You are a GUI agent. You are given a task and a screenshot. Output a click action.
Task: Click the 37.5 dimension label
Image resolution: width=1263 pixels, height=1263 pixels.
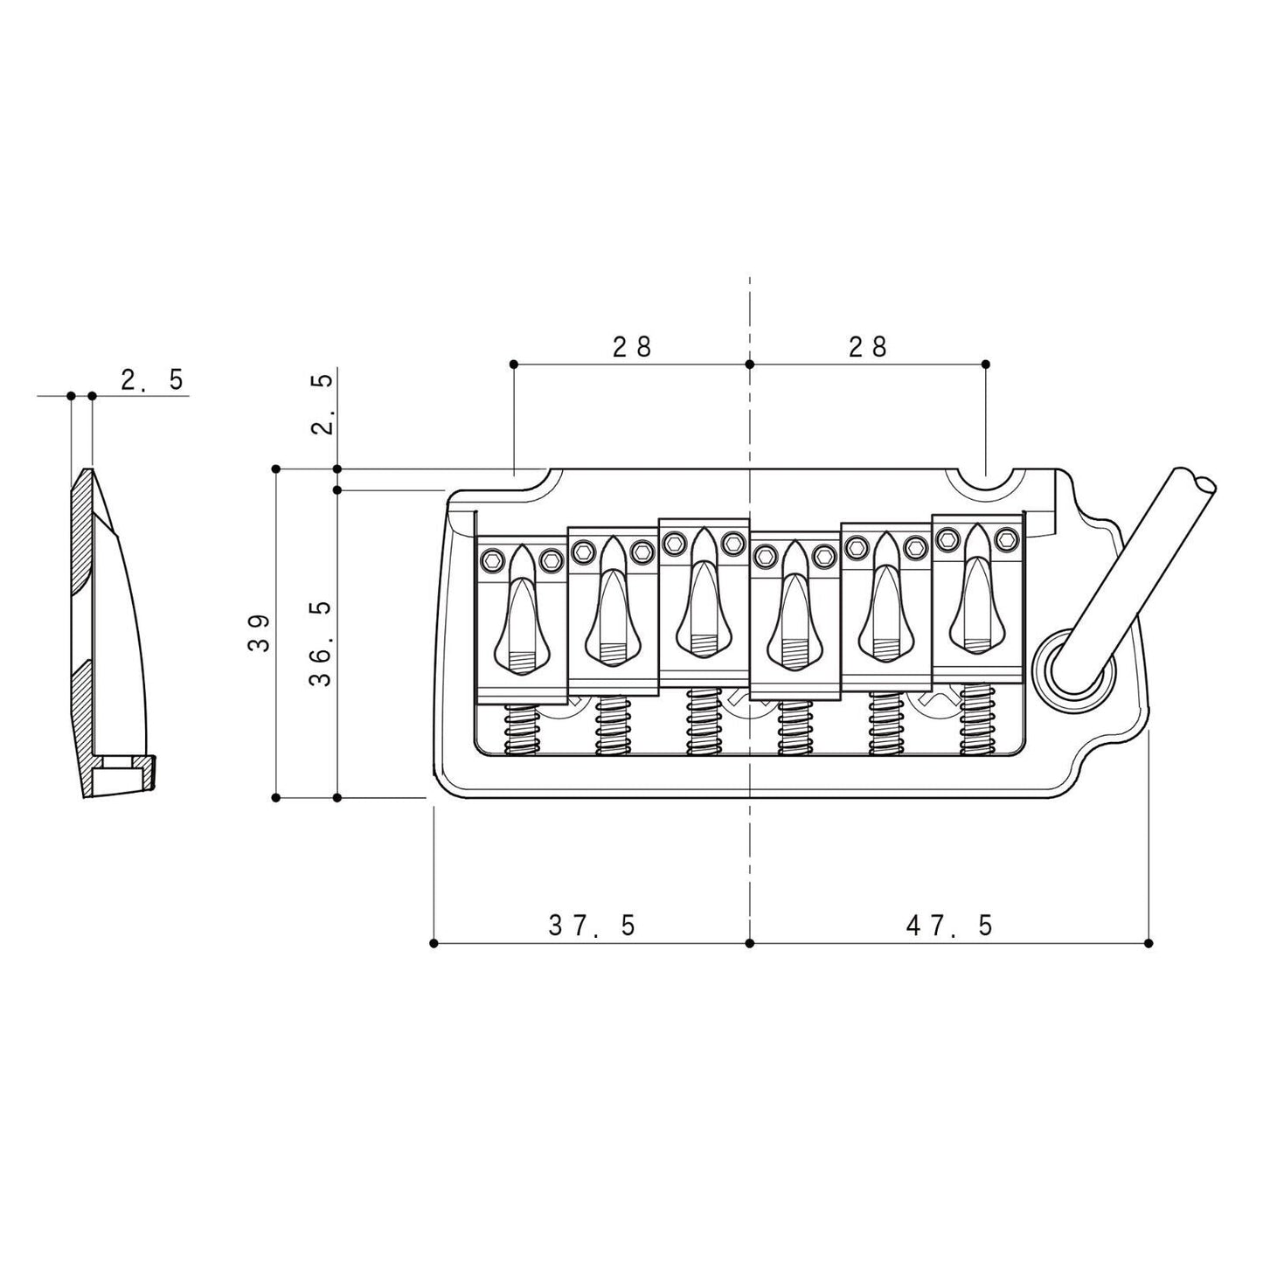[592, 925]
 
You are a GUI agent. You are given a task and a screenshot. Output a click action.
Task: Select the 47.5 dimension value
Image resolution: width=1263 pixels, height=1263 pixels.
[949, 925]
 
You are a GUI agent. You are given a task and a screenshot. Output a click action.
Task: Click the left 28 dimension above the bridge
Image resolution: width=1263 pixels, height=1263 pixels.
[632, 347]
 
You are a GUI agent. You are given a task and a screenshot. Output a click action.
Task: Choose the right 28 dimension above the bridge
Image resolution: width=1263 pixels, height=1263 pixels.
[867, 347]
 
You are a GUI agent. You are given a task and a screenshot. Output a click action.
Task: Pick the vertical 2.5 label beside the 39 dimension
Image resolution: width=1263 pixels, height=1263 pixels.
[321, 404]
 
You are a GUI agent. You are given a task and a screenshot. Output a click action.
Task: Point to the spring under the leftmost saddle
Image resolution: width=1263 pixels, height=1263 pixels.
[521, 725]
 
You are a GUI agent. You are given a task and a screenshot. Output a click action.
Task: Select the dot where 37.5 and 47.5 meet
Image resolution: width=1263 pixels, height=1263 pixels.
[749, 943]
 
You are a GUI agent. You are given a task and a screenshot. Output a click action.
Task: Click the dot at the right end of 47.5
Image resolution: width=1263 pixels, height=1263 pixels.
[1148, 943]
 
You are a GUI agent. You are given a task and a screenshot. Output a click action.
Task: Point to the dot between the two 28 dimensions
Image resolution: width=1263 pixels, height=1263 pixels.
[749, 364]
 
